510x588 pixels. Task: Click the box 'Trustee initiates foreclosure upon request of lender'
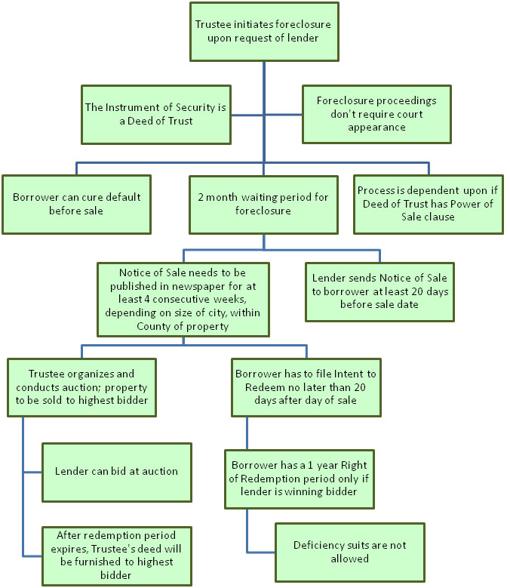(x=264, y=32)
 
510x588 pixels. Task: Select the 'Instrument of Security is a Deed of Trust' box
(x=156, y=115)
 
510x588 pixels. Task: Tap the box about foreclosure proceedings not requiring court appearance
(x=376, y=114)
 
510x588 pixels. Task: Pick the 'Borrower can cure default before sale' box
(x=76, y=205)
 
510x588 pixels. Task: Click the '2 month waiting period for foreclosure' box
(x=263, y=205)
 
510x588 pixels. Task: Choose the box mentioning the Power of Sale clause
(x=429, y=205)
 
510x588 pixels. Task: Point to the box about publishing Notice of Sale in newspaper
(x=183, y=299)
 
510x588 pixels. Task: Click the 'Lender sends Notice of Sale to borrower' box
(x=379, y=292)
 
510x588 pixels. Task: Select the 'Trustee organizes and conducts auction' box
(x=81, y=387)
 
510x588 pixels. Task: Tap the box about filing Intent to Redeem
(x=306, y=387)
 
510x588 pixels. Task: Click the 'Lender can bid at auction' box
(x=117, y=472)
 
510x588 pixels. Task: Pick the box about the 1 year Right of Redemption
(x=300, y=479)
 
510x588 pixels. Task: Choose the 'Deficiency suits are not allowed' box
(x=350, y=552)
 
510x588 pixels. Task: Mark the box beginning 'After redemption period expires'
(x=117, y=556)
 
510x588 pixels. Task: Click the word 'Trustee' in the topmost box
(x=214, y=25)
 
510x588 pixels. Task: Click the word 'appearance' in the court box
(x=376, y=128)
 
